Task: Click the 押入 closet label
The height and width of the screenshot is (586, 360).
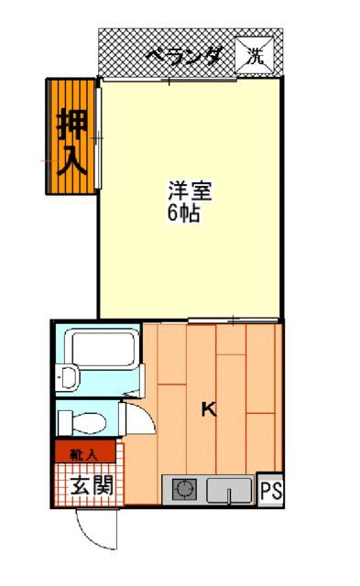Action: [x=71, y=142]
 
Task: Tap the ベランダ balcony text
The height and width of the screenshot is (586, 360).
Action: [x=182, y=57]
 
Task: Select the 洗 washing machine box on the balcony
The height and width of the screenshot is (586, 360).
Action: [x=256, y=53]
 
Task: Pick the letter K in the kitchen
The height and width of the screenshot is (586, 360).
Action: [x=209, y=409]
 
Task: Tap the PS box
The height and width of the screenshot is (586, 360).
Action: [x=270, y=491]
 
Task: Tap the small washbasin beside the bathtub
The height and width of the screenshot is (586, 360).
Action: [x=67, y=376]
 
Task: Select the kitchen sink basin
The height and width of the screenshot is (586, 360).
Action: [x=226, y=490]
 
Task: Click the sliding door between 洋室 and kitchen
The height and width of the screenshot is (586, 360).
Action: [x=234, y=320]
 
